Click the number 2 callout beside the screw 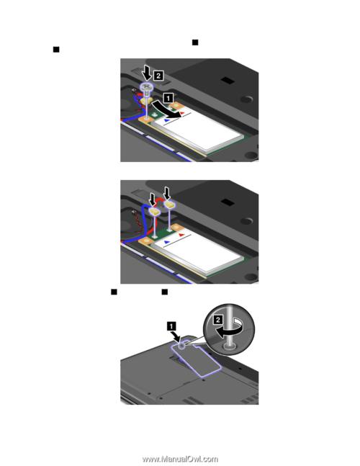[158, 76]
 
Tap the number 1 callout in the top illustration [168, 97]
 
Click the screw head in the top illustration [147, 86]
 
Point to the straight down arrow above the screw [147, 73]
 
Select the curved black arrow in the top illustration [166, 110]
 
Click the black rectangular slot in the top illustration [228, 80]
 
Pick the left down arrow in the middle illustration [153, 199]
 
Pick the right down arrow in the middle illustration [168, 193]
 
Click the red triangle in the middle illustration [181, 235]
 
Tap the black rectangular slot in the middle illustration [228, 202]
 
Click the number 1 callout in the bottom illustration [171, 326]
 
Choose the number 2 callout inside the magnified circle [217, 320]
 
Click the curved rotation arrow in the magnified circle [229, 330]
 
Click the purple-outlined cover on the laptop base [196, 358]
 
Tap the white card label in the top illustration [197, 130]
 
